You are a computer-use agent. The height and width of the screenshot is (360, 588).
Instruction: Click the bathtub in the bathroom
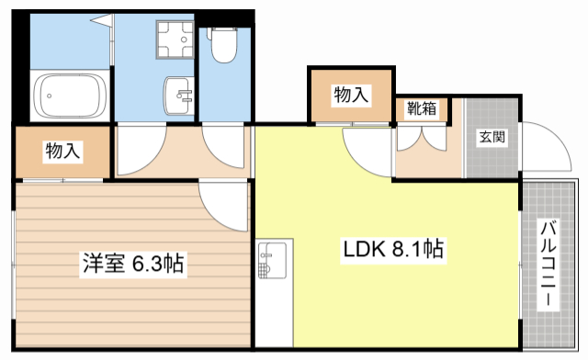tap(70, 96)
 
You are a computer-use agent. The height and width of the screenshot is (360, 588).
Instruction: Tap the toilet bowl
tap(224, 45)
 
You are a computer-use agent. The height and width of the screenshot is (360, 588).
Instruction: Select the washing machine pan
tap(175, 39)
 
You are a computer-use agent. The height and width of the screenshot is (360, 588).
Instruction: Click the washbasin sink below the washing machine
tap(178, 96)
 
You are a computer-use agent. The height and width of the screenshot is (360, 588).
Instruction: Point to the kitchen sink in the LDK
tap(272, 261)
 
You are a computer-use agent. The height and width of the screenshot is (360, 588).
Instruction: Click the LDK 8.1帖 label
tap(393, 249)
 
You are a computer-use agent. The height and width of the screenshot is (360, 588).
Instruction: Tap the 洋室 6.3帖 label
tap(133, 263)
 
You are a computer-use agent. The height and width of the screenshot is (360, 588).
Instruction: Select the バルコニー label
tap(548, 264)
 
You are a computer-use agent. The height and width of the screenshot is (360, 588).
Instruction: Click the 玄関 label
tap(492, 137)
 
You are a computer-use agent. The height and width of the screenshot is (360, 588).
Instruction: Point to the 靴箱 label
tap(422, 108)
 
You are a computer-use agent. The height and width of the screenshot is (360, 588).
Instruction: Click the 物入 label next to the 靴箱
tap(351, 95)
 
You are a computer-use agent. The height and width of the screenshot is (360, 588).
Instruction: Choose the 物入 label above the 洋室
tap(62, 151)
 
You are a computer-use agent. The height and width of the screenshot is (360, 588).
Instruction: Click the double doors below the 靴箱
tap(422, 139)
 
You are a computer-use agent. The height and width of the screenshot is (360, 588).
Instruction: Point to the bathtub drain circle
tap(49, 96)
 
